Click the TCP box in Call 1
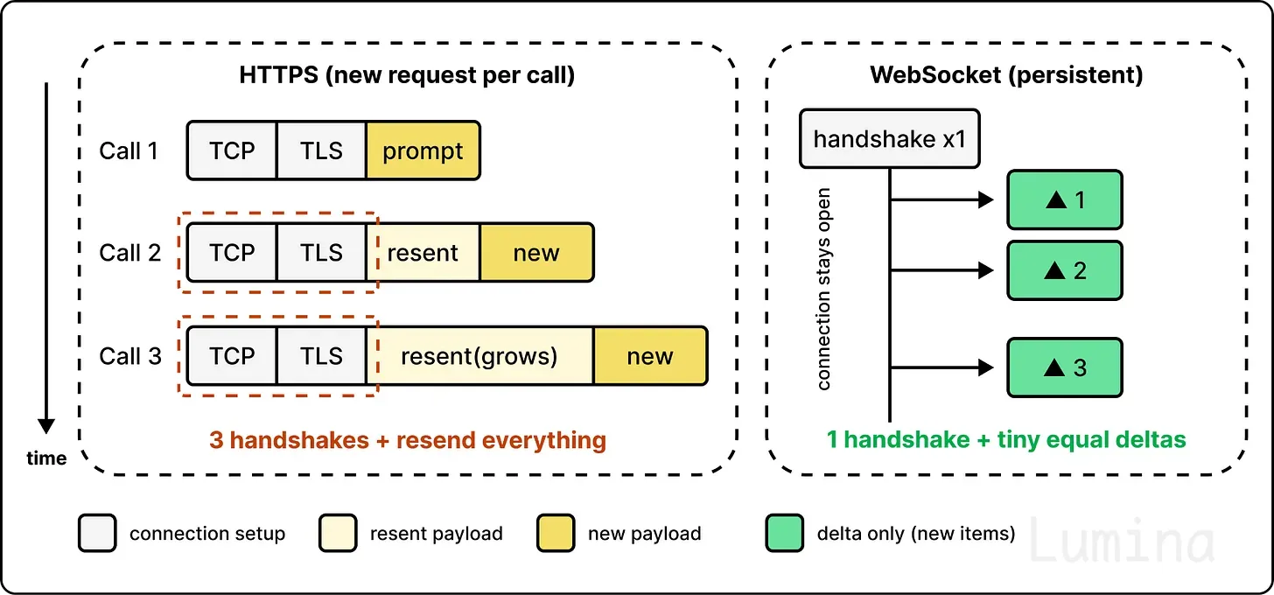click(232, 150)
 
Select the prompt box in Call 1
click(423, 150)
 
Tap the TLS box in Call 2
click(321, 253)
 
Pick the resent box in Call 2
click(423, 253)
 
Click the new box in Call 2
click(537, 253)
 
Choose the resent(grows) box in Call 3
click(480, 356)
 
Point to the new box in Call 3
click(651, 356)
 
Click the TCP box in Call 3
click(232, 356)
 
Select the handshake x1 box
click(890, 139)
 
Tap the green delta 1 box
click(1065, 199)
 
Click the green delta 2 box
click(1065, 270)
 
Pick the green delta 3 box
click(1065, 367)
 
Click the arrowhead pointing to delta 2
click(986, 270)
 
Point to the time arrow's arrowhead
click(46, 426)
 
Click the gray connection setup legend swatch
click(97, 533)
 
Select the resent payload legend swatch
click(338, 533)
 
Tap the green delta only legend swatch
click(784, 533)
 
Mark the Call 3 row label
click(130, 356)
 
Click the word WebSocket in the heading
click(935, 74)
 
